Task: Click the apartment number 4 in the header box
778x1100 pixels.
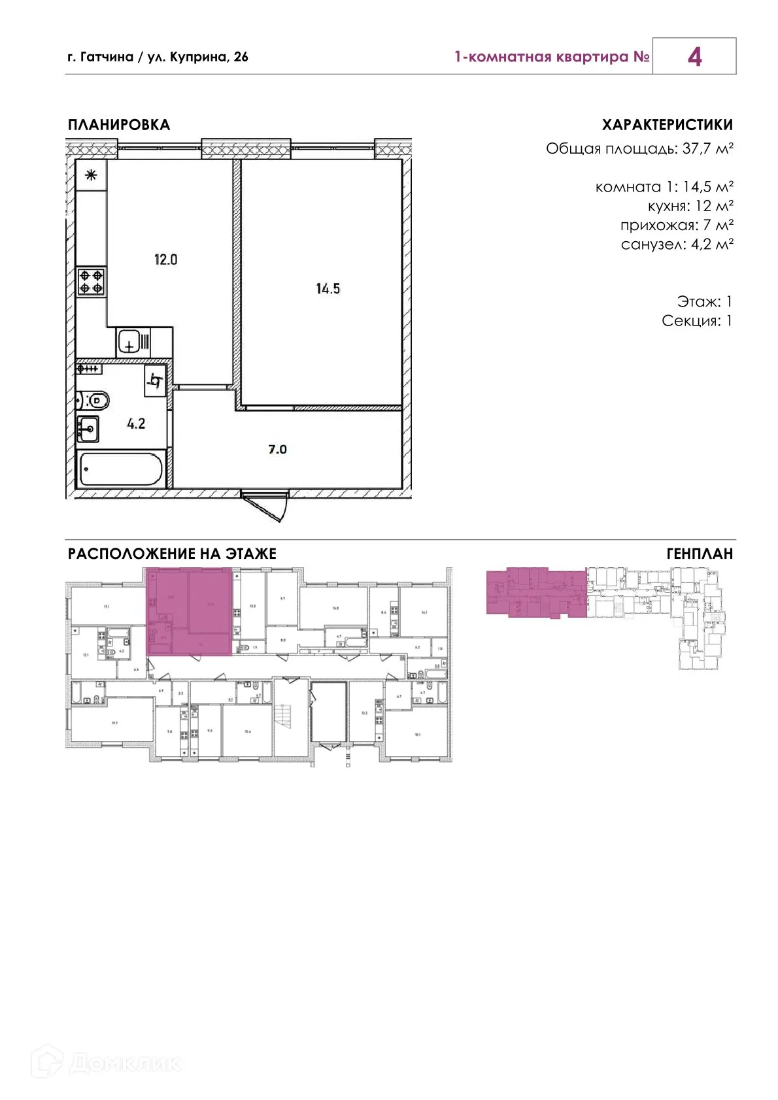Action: (694, 57)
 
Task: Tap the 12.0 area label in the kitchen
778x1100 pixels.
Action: (165, 259)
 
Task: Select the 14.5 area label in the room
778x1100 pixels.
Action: (328, 288)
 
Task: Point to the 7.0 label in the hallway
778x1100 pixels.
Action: (277, 449)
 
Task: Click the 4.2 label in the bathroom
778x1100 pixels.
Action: (136, 424)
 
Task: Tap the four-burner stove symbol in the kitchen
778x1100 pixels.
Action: (91, 282)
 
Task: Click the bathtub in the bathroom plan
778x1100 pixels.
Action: (120, 469)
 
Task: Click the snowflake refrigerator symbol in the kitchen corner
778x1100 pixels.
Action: (91, 175)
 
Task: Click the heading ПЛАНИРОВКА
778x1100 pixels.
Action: (119, 125)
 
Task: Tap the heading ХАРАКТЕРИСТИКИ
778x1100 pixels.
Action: (667, 125)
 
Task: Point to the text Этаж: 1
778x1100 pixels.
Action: (704, 301)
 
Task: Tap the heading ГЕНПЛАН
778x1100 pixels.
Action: (700, 554)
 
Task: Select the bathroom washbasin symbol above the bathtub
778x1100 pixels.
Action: (88, 429)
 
